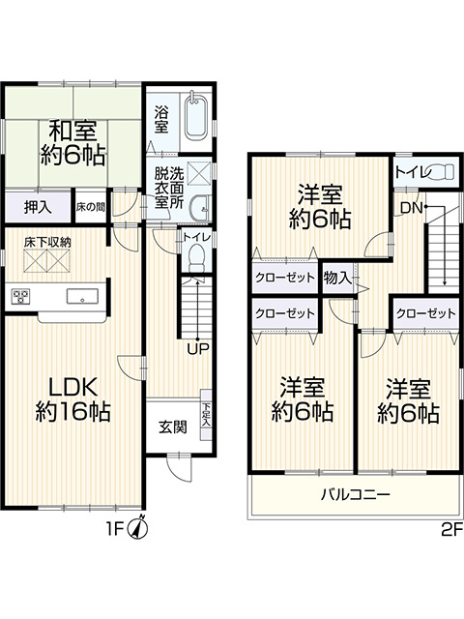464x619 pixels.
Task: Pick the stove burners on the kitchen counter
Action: click(22, 297)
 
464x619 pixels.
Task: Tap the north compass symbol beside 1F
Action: click(141, 527)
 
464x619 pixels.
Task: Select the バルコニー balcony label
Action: click(355, 496)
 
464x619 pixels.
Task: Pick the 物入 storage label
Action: click(337, 278)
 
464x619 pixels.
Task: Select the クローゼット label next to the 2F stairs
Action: click(425, 313)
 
